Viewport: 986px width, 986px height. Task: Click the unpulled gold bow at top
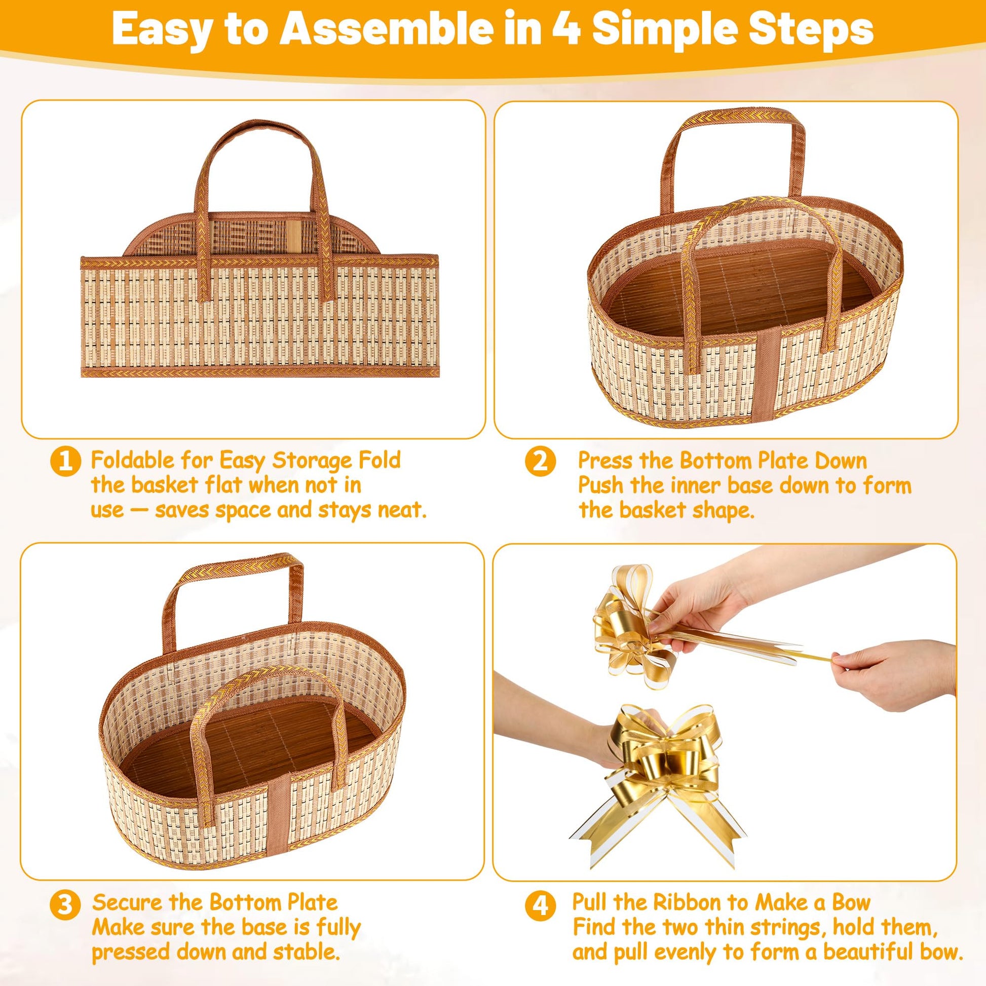[x=633, y=625]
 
